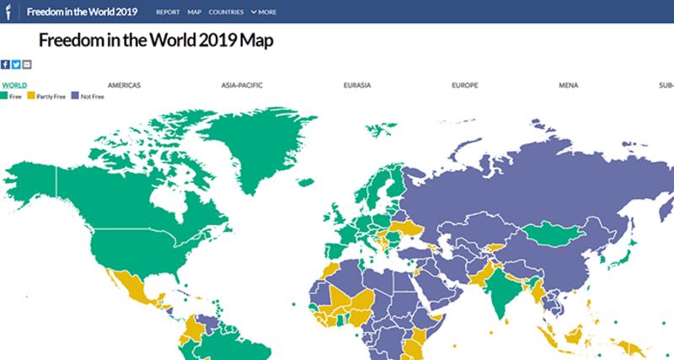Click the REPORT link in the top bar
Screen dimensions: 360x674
(168, 13)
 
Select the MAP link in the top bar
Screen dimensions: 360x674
(195, 13)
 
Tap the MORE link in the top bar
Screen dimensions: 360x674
(267, 13)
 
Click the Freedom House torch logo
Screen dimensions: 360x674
(8, 12)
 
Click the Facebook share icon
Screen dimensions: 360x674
(5, 64)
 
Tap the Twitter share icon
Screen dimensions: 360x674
(16, 64)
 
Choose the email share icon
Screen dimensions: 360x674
(27, 64)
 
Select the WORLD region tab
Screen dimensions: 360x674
(13, 85)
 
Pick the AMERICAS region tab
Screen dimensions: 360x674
(124, 85)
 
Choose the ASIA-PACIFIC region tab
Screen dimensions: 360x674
(241, 85)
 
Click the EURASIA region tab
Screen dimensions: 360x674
(357, 85)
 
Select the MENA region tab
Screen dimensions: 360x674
(568, 85)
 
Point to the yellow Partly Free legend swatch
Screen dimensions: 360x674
(32, 96)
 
